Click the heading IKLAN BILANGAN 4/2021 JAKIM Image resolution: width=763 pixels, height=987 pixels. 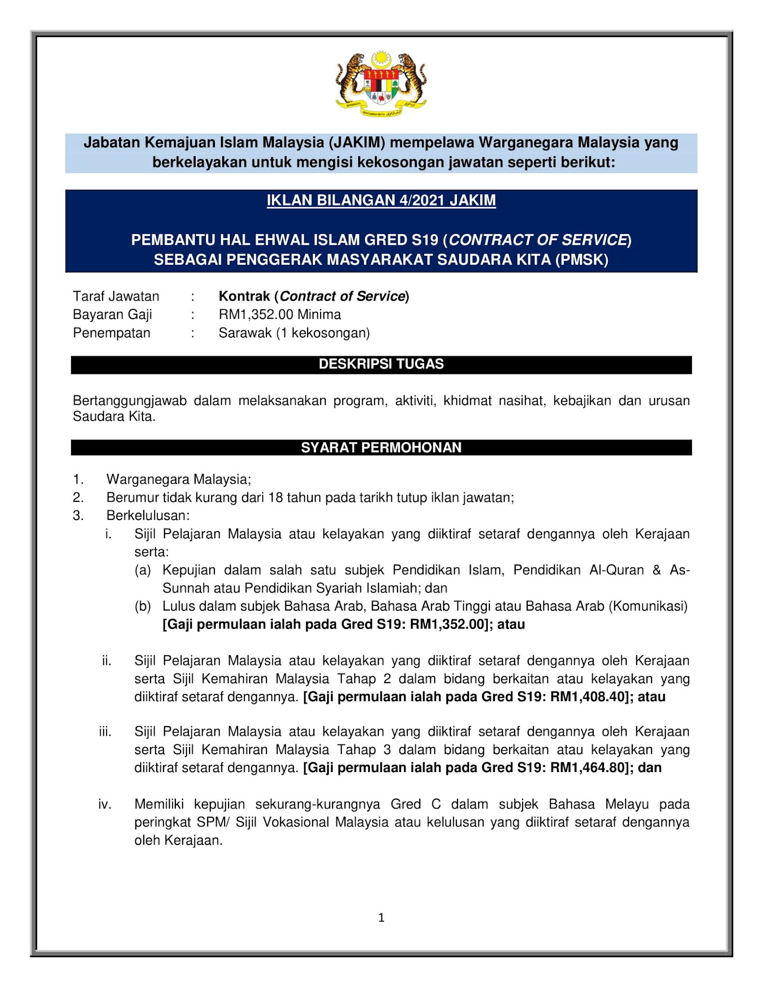click(381, 200)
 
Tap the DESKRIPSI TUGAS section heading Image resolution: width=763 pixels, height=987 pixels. click(381, 364)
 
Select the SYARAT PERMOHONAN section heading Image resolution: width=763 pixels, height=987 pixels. click(381, 448)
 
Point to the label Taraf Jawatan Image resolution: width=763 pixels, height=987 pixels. click(116, 296)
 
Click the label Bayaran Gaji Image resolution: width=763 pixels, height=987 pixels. click(112, 315)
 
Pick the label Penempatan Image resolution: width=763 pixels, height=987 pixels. click(111, 333)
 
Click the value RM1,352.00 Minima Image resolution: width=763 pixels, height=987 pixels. click(280, 315)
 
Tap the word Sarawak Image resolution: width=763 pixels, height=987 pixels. click(245, 333)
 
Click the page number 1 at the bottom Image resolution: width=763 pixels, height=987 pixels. click(381, 918)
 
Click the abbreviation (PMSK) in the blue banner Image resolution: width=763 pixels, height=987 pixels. click(581, 260)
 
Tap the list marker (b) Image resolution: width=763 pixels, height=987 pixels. click(143, 606)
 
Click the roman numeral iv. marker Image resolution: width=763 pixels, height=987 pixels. click(105, 804)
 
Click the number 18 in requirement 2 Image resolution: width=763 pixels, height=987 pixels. click(275, 497)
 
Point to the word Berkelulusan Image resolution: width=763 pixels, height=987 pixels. click(148, 516)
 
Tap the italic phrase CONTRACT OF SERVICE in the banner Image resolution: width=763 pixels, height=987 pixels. click(537, 240)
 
